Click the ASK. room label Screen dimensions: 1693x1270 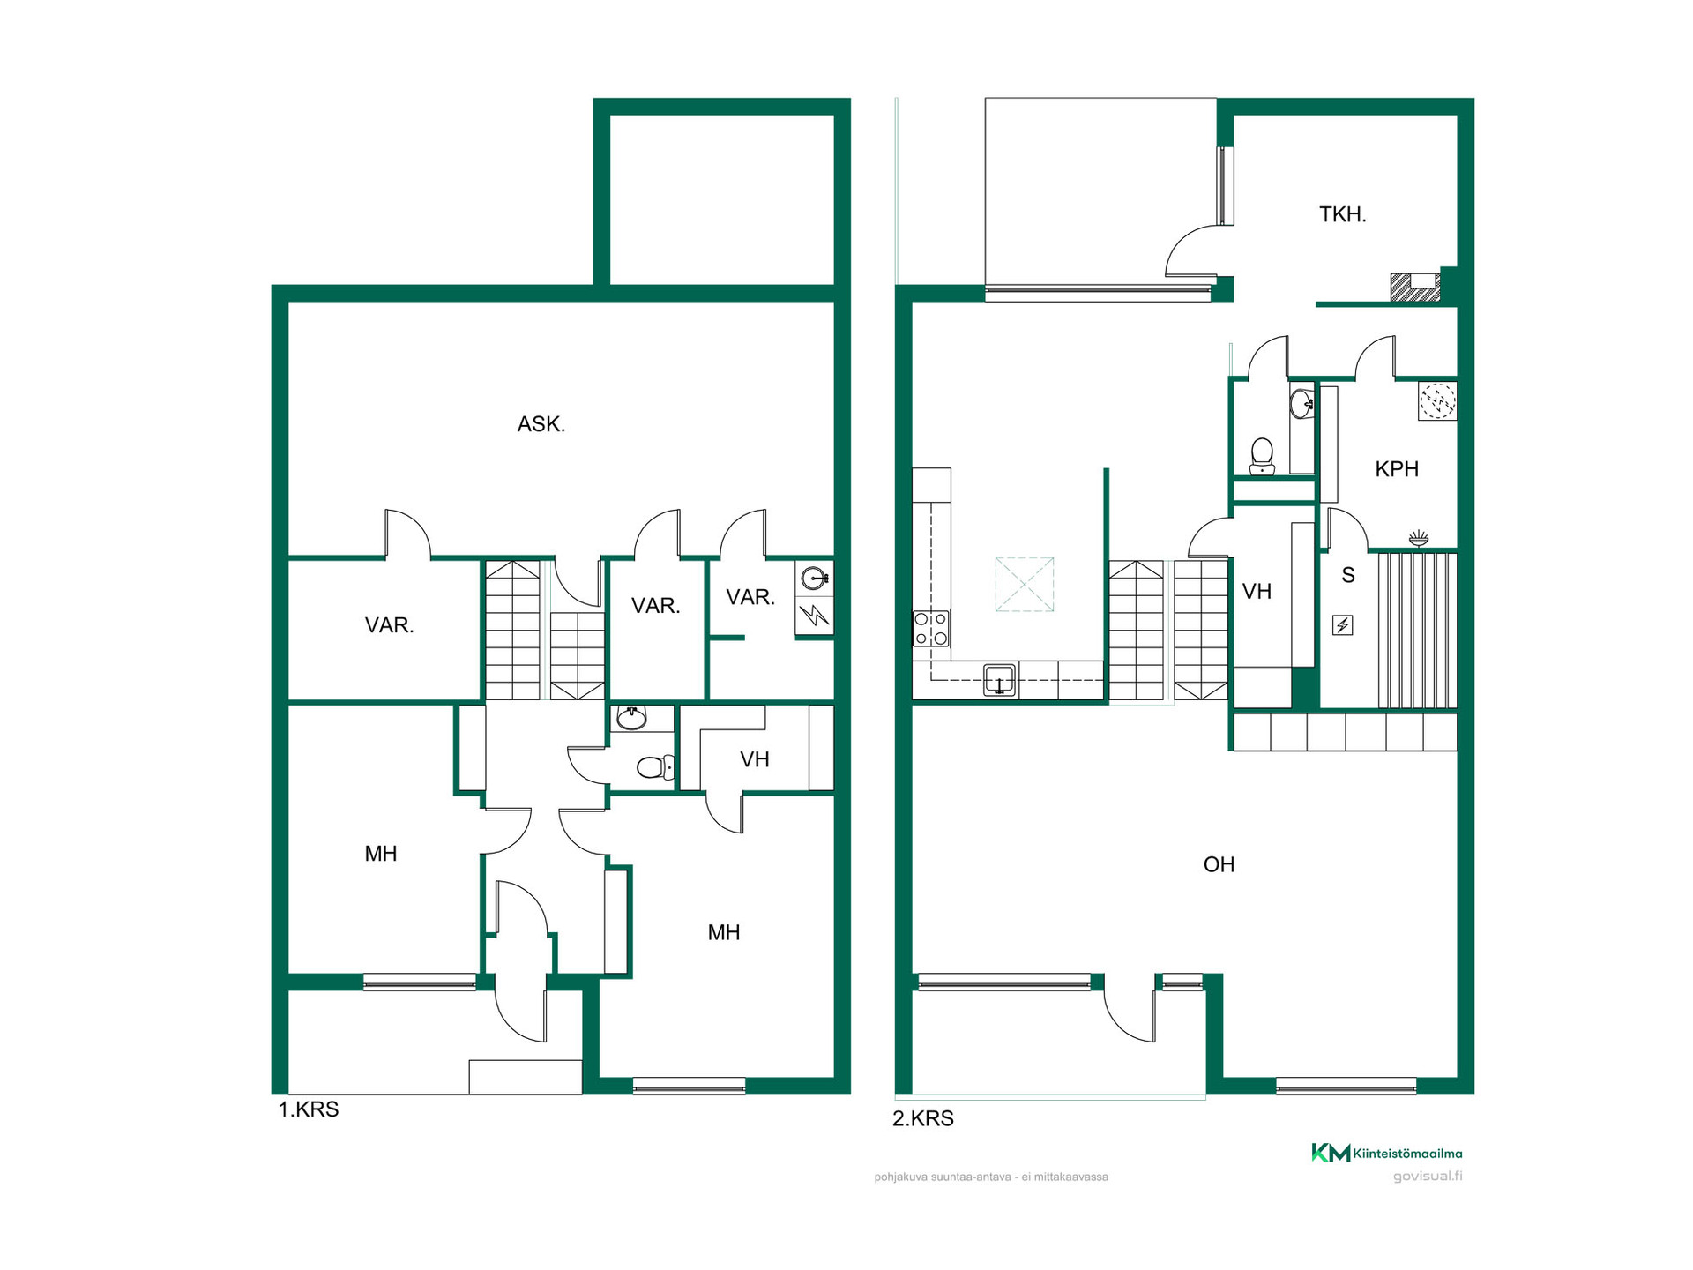coord(541,424)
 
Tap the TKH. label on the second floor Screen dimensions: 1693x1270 coord(1342,214)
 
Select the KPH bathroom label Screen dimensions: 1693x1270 coord(1397,469)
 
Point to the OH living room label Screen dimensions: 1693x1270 coord(1219,864)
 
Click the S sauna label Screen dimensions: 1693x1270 coord(1348,575)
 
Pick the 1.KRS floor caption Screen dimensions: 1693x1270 coord(309,1109)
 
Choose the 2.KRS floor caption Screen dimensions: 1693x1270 coord(923,1118)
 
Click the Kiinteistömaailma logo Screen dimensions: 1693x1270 coord(1386,1153)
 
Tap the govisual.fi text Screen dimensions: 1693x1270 coord(1428,1176)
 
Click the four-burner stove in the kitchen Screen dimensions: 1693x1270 coord(931,629)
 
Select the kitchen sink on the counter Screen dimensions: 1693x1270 coord(999,681)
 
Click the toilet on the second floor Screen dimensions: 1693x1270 coord(1263,456)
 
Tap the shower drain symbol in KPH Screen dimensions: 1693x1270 coord(1437,401)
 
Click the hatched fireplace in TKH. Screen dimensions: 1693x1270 coord(1415,288)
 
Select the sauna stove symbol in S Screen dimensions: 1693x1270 coord(1343,625)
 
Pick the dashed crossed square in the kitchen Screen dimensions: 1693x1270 coord(1025,584)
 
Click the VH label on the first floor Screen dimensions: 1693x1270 coord(755,759)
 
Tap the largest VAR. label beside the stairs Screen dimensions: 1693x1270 coord(389,625)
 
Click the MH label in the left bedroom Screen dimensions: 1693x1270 coord(381,854)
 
